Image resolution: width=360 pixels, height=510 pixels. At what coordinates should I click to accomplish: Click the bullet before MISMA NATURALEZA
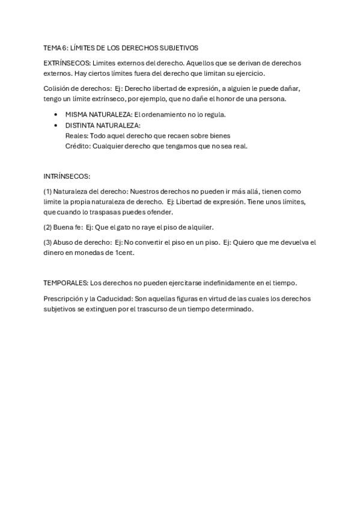[56, 114]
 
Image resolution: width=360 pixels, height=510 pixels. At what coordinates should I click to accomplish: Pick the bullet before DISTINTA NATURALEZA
[56, 125]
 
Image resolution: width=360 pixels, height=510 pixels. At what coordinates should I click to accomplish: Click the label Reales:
[76, 135]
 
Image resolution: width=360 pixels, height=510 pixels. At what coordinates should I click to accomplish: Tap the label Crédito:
[78, 146]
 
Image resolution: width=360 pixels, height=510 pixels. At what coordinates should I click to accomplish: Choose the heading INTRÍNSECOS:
[67, 176]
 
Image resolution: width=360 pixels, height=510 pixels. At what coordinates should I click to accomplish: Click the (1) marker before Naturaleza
[47, 192]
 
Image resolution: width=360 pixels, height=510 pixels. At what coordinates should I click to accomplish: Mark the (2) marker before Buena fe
[47, 227]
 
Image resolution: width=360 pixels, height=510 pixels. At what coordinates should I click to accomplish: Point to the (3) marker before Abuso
[47, 243]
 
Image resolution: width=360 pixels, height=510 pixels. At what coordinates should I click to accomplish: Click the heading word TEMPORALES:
[66, 283]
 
